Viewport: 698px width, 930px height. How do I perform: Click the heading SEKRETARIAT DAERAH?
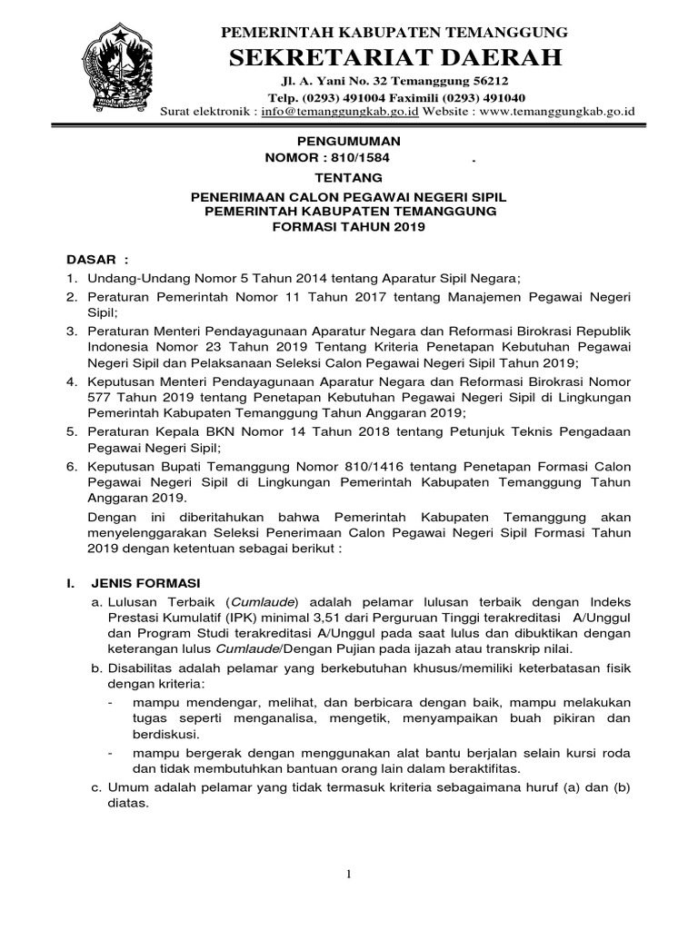pos(396,59)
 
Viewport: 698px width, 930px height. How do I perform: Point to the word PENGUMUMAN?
pos(350,142)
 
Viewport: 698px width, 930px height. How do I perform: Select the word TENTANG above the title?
pos(349,177)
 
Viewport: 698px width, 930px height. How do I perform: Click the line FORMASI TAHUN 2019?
pos(349,227)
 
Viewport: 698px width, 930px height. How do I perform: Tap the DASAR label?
pos(95,260)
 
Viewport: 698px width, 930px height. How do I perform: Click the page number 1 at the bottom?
pos(348,874)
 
